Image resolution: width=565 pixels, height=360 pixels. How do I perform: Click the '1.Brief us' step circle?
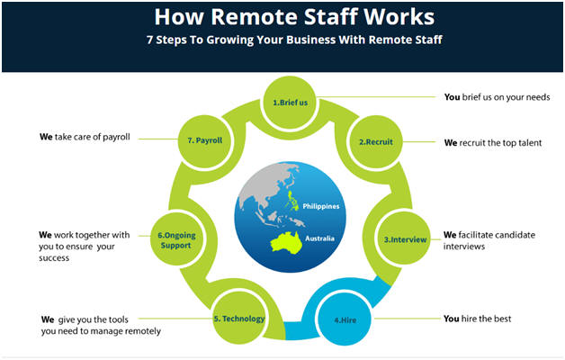click(290, 103)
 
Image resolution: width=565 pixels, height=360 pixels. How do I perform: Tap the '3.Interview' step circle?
click(399, 238)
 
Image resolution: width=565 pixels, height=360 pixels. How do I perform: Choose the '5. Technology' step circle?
click(238, 318)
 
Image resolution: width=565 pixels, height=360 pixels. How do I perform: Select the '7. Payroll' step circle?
click(204, 140)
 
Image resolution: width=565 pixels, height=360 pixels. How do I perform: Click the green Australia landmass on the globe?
click(286, 238)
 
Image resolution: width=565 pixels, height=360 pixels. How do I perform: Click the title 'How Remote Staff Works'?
click(282, 18)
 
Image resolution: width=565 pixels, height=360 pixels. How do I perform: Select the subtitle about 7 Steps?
click(282, 40)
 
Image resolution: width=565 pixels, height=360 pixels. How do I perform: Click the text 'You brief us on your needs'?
click(497, 97)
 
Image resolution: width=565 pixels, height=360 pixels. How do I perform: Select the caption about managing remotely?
click(100, 325)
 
